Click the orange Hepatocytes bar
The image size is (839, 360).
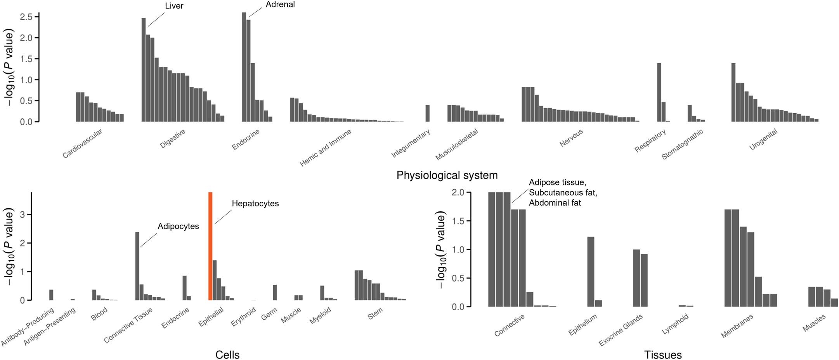210,246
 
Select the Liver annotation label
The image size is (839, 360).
174,6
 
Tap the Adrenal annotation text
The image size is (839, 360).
280,5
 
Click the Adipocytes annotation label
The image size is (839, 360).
178,227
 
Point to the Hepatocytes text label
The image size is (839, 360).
255,204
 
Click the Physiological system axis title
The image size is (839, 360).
447,175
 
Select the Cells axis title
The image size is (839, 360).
227,355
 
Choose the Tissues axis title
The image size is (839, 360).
663,355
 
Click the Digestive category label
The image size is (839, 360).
173,139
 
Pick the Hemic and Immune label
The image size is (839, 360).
326,148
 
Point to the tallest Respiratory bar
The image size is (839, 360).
659,92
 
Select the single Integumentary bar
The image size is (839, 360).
427,113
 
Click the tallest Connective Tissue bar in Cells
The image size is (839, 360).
137,266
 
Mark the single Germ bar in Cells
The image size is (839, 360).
275,292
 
